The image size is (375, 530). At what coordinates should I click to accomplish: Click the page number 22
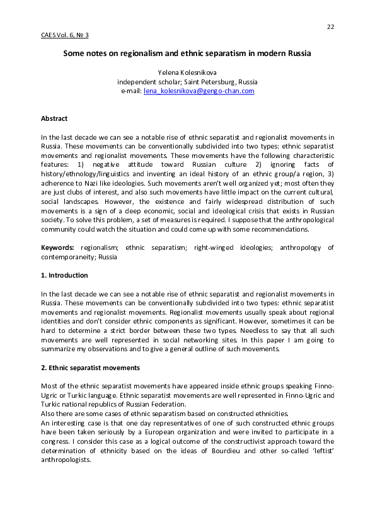point(330,26)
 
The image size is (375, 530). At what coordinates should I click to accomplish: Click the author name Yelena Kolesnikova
point(187,73)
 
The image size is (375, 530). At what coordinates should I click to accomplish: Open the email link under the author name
point(199,91)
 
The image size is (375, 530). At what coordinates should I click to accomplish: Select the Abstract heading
point(54,118)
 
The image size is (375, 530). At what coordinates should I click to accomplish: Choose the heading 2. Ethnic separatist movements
point(90,367)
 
